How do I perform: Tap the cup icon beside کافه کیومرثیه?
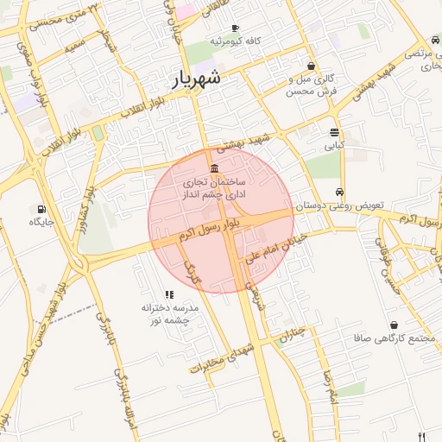(x=236, y=28)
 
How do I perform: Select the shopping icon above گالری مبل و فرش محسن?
(x=311, y=66)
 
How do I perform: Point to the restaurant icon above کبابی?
(x=334, y=132)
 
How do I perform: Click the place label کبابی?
(x=334, y=146)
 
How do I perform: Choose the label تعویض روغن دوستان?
(x=339, y=206)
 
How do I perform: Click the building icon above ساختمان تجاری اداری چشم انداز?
(x=214, y=167)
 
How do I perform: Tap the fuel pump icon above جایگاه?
(x=41, y=208)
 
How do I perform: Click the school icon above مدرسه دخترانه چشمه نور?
(x=169, y=294)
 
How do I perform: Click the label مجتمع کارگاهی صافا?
(x=393, y=338)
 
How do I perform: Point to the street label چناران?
(x=291, y=332)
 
